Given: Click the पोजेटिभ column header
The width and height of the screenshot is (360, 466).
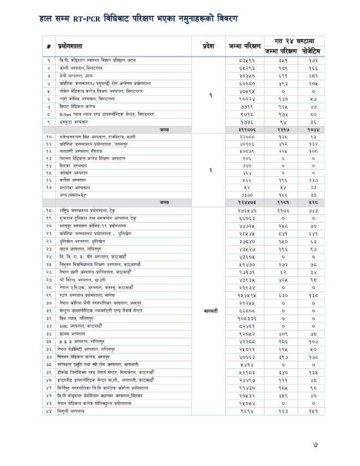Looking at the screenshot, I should [x=313, y=51].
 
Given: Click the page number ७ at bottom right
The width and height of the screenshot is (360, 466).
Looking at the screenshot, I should [x=339, y=445].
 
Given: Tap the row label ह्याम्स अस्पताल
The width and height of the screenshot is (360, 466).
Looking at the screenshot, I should [x=71, y=332].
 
